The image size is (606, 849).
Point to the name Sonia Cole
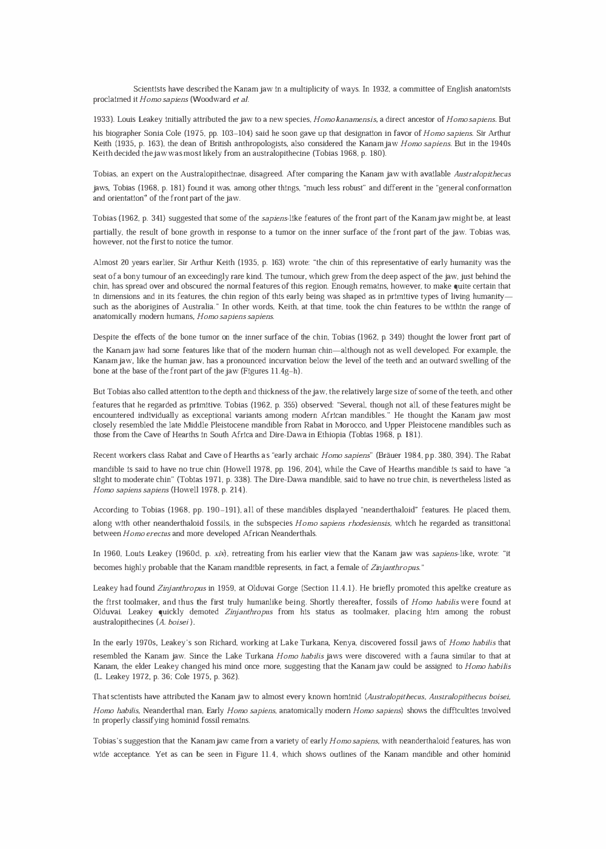tap(149, 133)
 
